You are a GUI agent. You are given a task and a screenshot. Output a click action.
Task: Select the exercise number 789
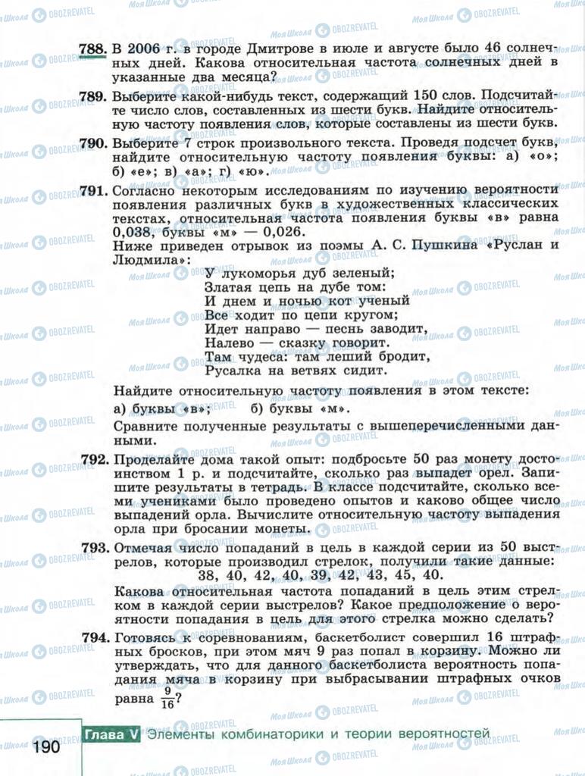93,96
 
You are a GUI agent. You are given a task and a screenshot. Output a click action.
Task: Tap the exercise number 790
93,143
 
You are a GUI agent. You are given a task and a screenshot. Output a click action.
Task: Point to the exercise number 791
93,191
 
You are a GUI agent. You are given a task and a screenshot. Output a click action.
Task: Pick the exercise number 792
93,460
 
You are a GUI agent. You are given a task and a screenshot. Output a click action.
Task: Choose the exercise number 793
93,547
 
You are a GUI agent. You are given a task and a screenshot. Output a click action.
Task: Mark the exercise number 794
93,637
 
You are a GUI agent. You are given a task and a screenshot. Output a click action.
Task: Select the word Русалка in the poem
231,371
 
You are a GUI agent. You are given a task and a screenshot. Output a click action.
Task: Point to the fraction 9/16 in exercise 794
167,697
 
